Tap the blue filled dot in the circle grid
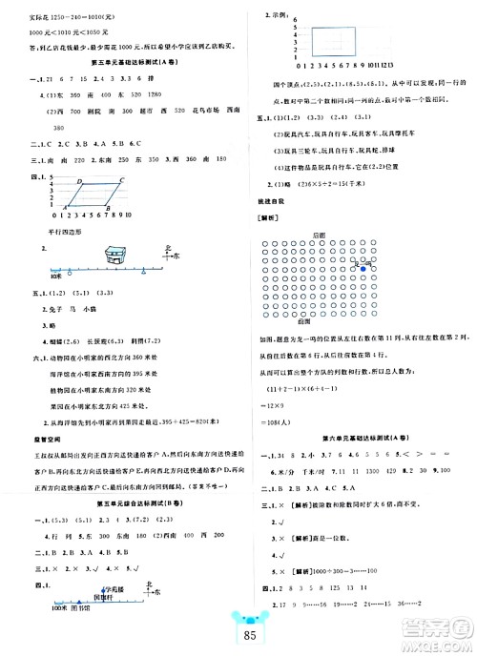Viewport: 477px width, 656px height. (x=363, y=270)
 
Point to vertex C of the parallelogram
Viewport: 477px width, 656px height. (x=125, y=178)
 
